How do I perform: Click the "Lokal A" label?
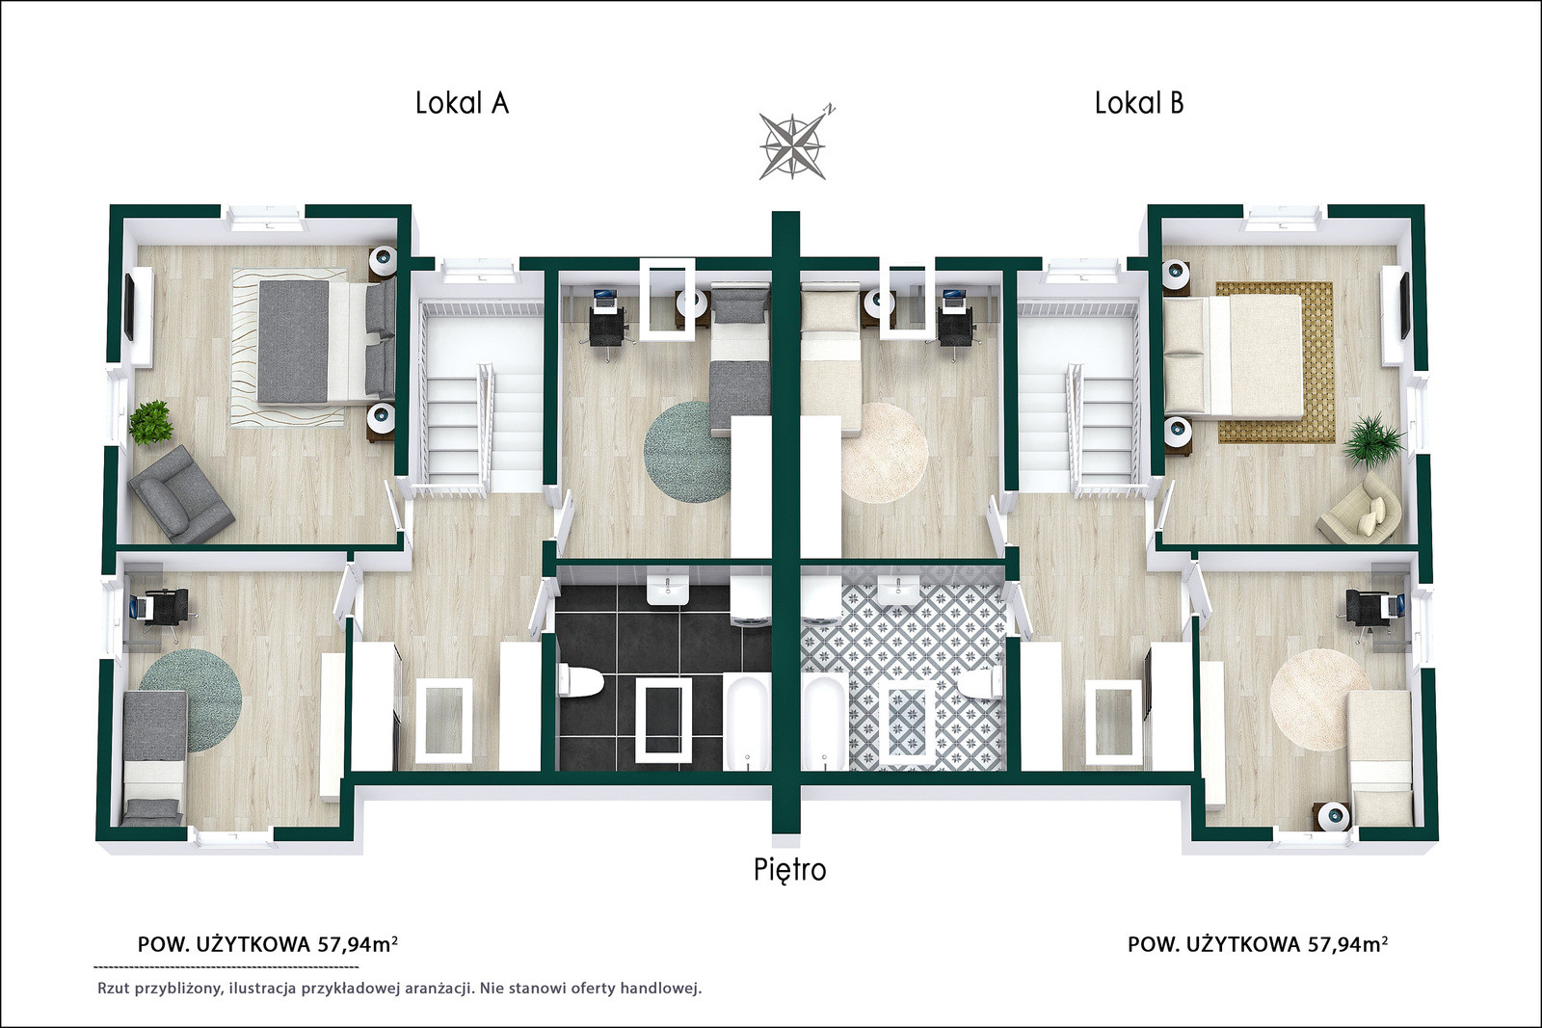point(462,103)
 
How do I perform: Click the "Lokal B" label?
point(1139,103)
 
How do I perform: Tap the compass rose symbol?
point(794,145)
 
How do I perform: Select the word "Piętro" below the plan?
point(789,870)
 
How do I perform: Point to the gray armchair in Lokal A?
point(182,492)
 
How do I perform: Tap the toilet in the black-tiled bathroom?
point(582,680)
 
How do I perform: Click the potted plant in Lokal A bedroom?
point(151,423)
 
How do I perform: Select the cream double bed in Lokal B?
point(1233,356)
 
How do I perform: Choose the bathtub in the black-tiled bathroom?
point(748,723)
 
